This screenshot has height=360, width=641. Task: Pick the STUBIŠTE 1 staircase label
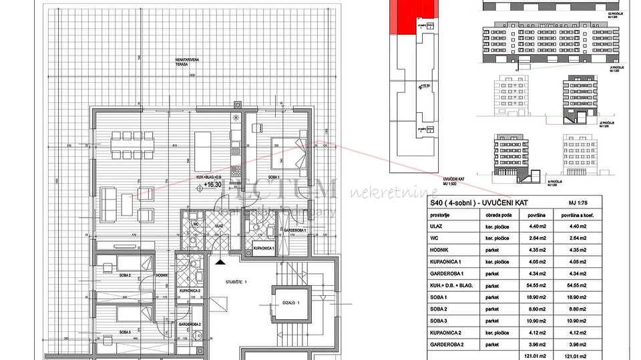click(236, 282)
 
